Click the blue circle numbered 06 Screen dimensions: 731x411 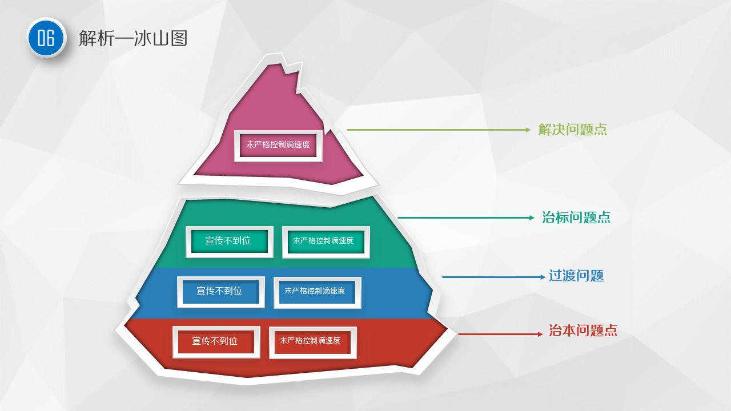(46, 38)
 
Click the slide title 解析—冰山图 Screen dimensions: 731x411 (133, 38)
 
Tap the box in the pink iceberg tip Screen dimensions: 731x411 (278, 146)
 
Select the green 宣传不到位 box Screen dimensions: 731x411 (230, 241)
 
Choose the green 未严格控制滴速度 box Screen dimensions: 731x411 (326, 241)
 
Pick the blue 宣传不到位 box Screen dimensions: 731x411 (220, 292)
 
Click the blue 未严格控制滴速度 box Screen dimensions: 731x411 (317, 292)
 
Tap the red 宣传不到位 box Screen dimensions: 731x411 (216, 342)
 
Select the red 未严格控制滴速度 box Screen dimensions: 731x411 (312, 342)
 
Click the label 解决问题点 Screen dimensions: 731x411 (572, 130)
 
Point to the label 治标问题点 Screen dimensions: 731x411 (576, 217)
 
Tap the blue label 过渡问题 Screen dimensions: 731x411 (576, 276)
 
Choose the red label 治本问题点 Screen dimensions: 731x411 (583, 331)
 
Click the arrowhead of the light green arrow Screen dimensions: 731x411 (528, 130)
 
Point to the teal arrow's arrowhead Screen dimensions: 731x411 (531, 217)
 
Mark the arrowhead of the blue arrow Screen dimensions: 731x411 (543, 277)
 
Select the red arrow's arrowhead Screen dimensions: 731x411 (540, 334)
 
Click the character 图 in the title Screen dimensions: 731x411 (179, 38)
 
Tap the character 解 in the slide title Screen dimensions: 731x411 (87, 38)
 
